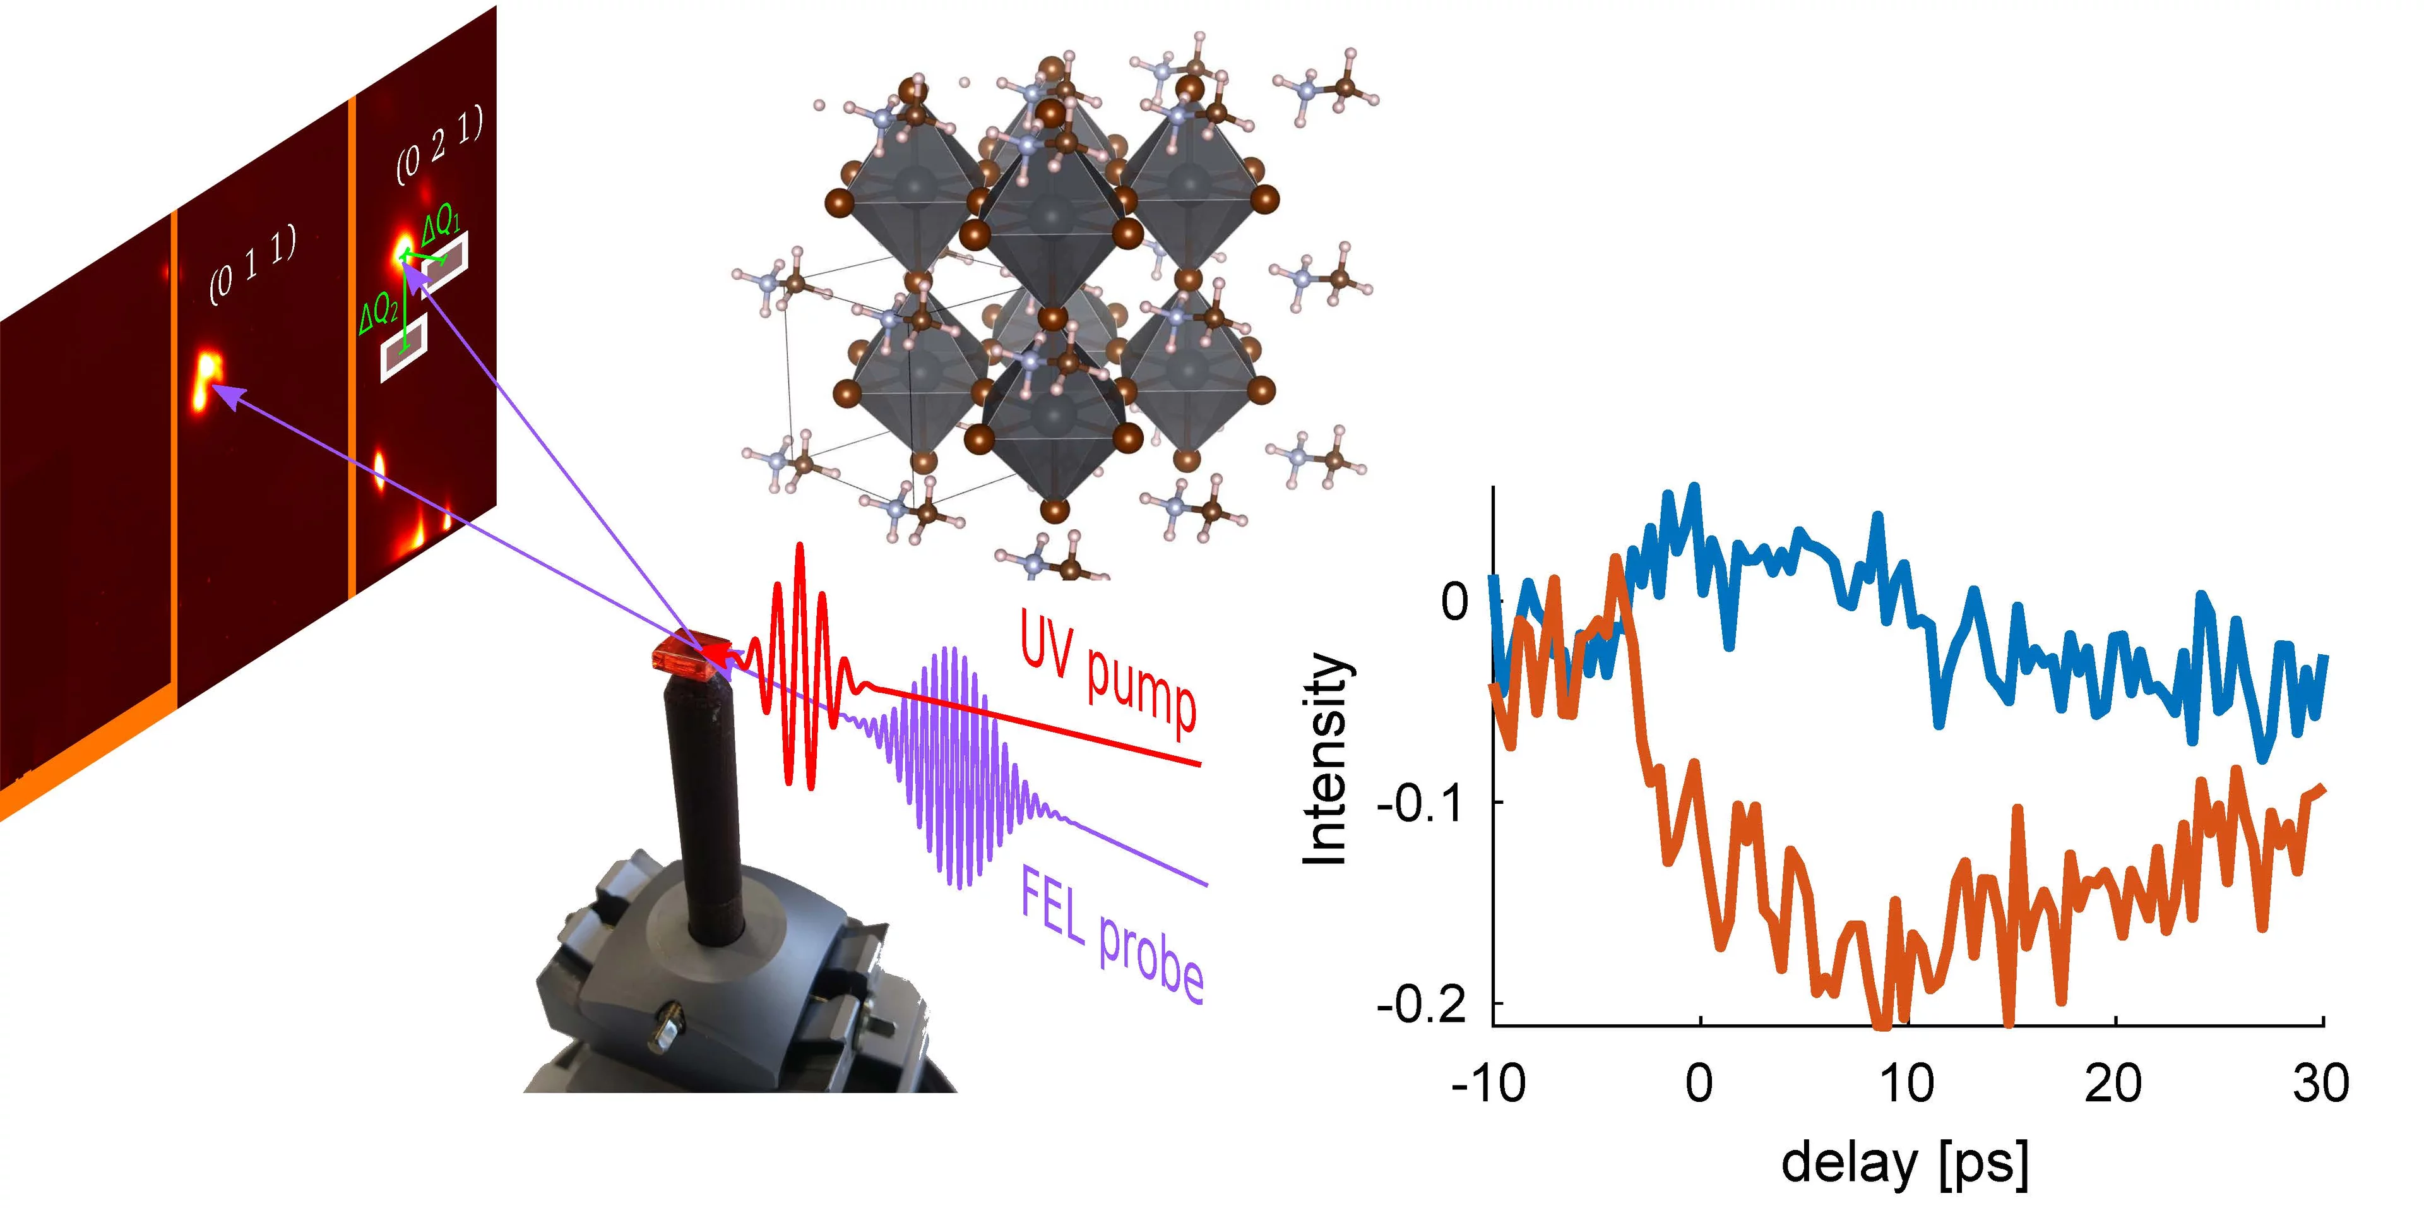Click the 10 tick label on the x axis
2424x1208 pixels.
point(1906,1084)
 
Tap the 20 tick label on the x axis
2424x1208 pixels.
point(2113,1084)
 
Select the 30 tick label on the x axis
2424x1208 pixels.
point(2320,1084)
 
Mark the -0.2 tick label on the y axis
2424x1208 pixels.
point(1422,1005)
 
